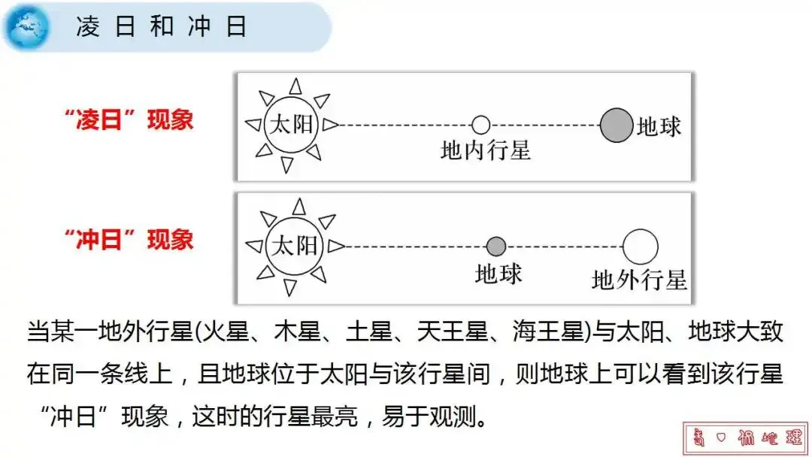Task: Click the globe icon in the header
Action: [x=27, y=27]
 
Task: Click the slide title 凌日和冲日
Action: [x=162, y=28]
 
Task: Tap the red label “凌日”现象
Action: [x=129, y=120]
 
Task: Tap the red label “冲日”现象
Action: [x=129, y=240]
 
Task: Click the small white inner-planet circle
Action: [x=480, y=125]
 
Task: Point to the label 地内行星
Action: [x=486, y=151]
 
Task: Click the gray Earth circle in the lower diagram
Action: [x=496, y=246]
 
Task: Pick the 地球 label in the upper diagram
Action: [x=659, y=126]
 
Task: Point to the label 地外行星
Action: [x=639, y=280]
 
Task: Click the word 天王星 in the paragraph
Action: [x=447, y=331]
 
